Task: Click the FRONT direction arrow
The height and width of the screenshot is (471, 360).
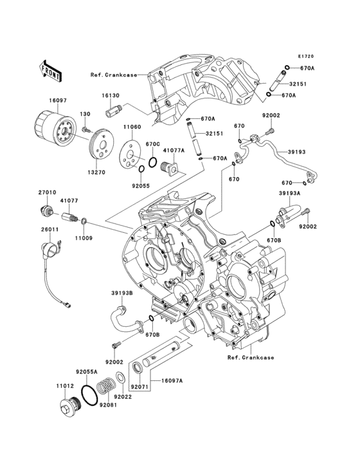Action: pyautogui.click(x=50, y=71)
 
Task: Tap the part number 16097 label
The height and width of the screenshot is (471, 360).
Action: pyautogui.click(x=58, y=100)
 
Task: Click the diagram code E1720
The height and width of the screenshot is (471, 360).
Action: pyautogui.click(x=306, y=56)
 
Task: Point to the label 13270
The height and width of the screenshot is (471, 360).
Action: pyautogui.click(x=96, y=172)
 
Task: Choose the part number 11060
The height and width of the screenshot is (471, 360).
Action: pyautogui.click(x=132, y=127)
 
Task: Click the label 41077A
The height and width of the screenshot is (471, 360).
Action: pyautogui.click(x=174, y=150)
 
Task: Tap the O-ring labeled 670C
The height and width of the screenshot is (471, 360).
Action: pyautogui.click(x=152, y=162)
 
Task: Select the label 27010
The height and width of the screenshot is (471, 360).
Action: pyautogui.click(x=47, y=192)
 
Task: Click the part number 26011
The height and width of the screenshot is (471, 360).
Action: pyautogui.click(x=50, y=230)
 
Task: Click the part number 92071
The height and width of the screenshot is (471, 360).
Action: pyautogui.click(x=139, y=387)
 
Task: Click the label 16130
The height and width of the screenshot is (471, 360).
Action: pyautogui.click(x=111, y=95)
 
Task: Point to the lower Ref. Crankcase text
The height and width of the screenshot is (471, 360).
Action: pyautogui.click(x=251, y=358)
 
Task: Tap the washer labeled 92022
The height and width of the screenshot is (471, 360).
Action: pyautogui.click(x=120, y=378)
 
